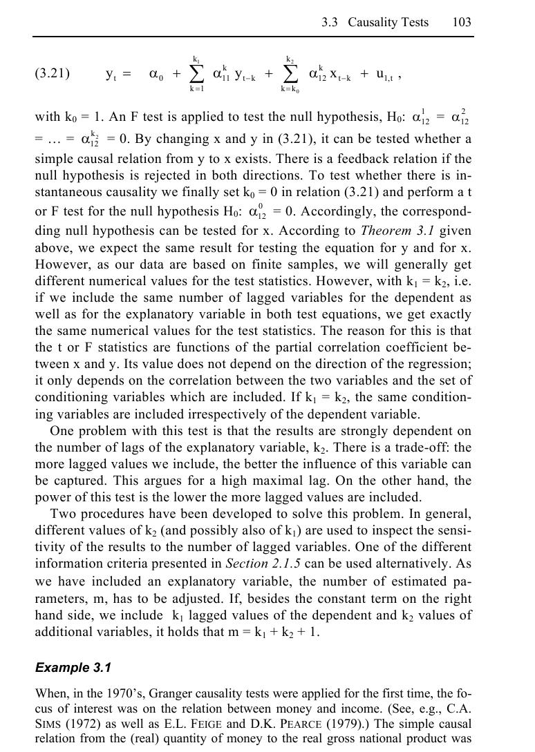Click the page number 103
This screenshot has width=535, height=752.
[x=462, y=22]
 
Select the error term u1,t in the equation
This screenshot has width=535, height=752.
[x=375, y=75]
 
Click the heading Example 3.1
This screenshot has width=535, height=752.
[x=73, y=668]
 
